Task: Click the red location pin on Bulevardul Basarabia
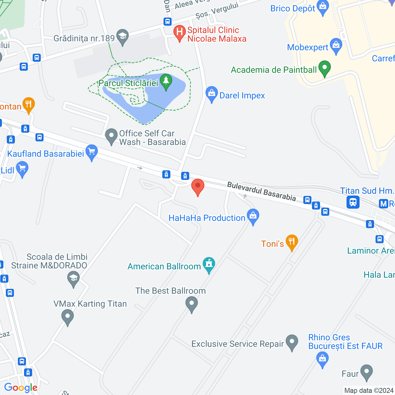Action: pyautogui.click(x=198, y=186)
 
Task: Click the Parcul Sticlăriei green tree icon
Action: pyautogui.click(x=166, y=82)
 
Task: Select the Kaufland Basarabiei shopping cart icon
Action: pyautogui.click(x=92, y=152)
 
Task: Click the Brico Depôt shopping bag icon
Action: pyautogui.click(x=323, y=7)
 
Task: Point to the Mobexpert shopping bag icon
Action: pyautogui.click(x=336, y=46)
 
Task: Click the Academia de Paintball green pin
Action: pyautogui.click(x=324, y=68)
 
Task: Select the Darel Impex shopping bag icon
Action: pyautogui.click(x=212, y=94)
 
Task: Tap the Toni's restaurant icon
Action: pyautogui.click(x=292, y=242)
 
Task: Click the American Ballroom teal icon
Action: pyautogui.click(x=209, y=264)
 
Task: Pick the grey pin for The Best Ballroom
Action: pyautogui.click(x=192, y=304)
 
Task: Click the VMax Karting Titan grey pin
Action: pyautogui.click(x=68, y=317)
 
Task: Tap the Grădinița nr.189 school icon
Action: pyautogui.click(x=123, y=36)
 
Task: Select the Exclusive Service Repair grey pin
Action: pyautogui.click(x=292, y=342)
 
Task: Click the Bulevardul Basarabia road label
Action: pyautogui.click(x=261, y=191)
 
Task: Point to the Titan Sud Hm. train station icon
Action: pyautogui.click(x=353, y=202)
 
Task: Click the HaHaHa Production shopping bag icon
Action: pyautogui.click(x=253, y=216)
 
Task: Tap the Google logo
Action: pyautogui.click(x=21, y=388)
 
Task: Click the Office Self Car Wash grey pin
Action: pyautogui.click(x=111, y=136)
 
